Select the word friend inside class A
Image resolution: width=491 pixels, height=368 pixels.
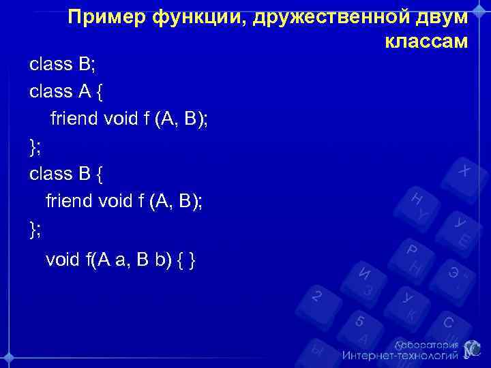pyautogui.click(x=74, y=119)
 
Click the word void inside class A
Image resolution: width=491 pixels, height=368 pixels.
pyautogui.click(x=120, y=119)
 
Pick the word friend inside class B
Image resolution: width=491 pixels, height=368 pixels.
pyautogui.click(x=69, y=201)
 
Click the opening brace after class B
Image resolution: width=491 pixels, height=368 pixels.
pyautogui.click(x=101, y=174)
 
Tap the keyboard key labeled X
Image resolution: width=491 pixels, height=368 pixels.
pyautogui.click(x=464, y=170)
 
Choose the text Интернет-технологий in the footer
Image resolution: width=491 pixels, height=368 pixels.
pyautogui.click(x=400, y=356)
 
